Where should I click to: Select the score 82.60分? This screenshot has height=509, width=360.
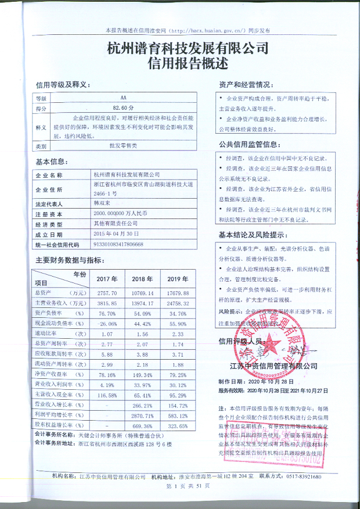tap(123, 109)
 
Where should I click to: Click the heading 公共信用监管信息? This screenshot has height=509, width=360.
tap(249, 144)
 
